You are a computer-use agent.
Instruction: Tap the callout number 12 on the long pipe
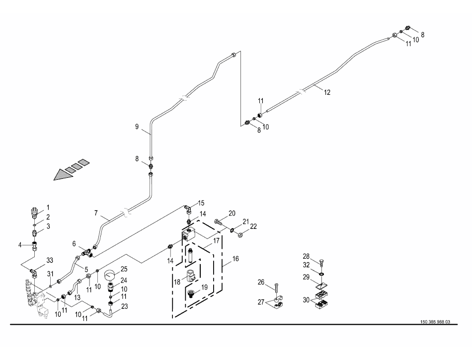click(326, 92)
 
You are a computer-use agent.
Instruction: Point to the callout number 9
click(137, 127)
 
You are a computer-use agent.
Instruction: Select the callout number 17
click(216, 241)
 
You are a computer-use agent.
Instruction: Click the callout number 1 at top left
click(48, 207)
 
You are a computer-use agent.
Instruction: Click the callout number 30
click(306, 300)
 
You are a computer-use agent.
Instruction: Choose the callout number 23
click(124, 306)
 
